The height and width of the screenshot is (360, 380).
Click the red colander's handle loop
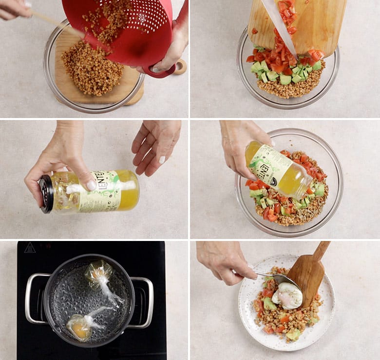163,71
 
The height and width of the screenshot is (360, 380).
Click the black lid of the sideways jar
46,194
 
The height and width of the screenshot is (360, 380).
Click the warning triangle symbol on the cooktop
30,247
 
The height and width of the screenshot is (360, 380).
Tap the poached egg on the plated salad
287,296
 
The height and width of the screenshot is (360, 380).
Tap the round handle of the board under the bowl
180,66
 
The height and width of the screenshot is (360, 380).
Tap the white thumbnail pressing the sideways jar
91,185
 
